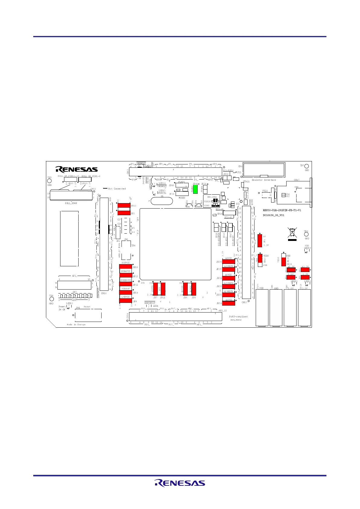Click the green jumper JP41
pos(195,189)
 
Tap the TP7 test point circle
pos(306,166)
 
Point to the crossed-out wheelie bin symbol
pos(292,233)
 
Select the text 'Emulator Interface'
pos(264,180)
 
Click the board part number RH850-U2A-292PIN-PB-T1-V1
pos(282,210)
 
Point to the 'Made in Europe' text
pos(76,324)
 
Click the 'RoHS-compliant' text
pos(238,316)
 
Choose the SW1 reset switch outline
pos(88,315)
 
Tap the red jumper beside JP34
pos(229,303)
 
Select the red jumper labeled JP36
pos(229,261)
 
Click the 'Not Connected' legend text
pos(117,189)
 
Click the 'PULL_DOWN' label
pos(71,203)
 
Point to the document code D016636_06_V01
pos(273,215)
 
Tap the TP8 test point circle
pos(306,234)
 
